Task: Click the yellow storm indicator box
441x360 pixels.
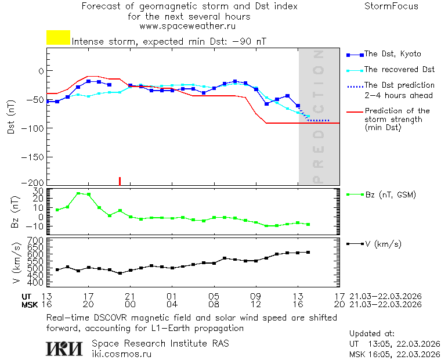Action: [58, 38]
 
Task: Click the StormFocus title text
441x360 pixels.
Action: [391, 6]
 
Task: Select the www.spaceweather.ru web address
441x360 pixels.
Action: [187, 26]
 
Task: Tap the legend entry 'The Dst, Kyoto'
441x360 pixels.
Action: [392, 54]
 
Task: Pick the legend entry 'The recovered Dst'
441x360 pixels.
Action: [399, 70]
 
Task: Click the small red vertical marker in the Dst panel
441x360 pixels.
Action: [120, 181]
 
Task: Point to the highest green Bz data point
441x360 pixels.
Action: [78, 193]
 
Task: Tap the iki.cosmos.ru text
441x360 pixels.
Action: [122, 354]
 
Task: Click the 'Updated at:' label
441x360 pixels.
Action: [371, 334]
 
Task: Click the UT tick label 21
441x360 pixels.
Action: [130, 296]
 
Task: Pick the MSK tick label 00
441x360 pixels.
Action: [130, 304]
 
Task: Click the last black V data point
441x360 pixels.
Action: [308, 252]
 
